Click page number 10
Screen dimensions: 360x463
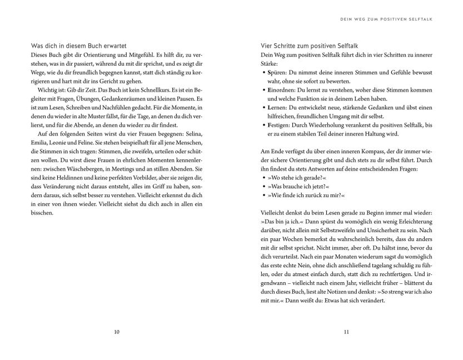pyautogui.click(x=116, y=332)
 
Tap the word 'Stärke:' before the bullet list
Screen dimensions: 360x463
pyautogui.click(x=271, y=63)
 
